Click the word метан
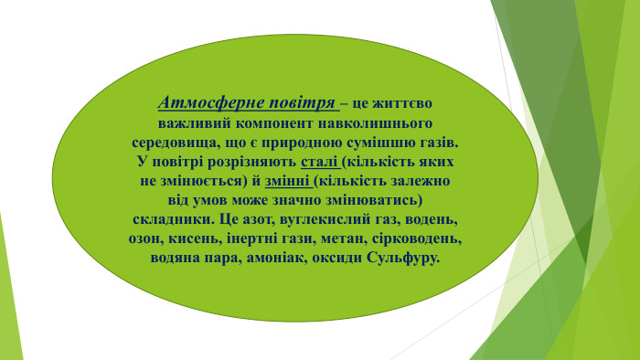(x=345, y=239)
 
